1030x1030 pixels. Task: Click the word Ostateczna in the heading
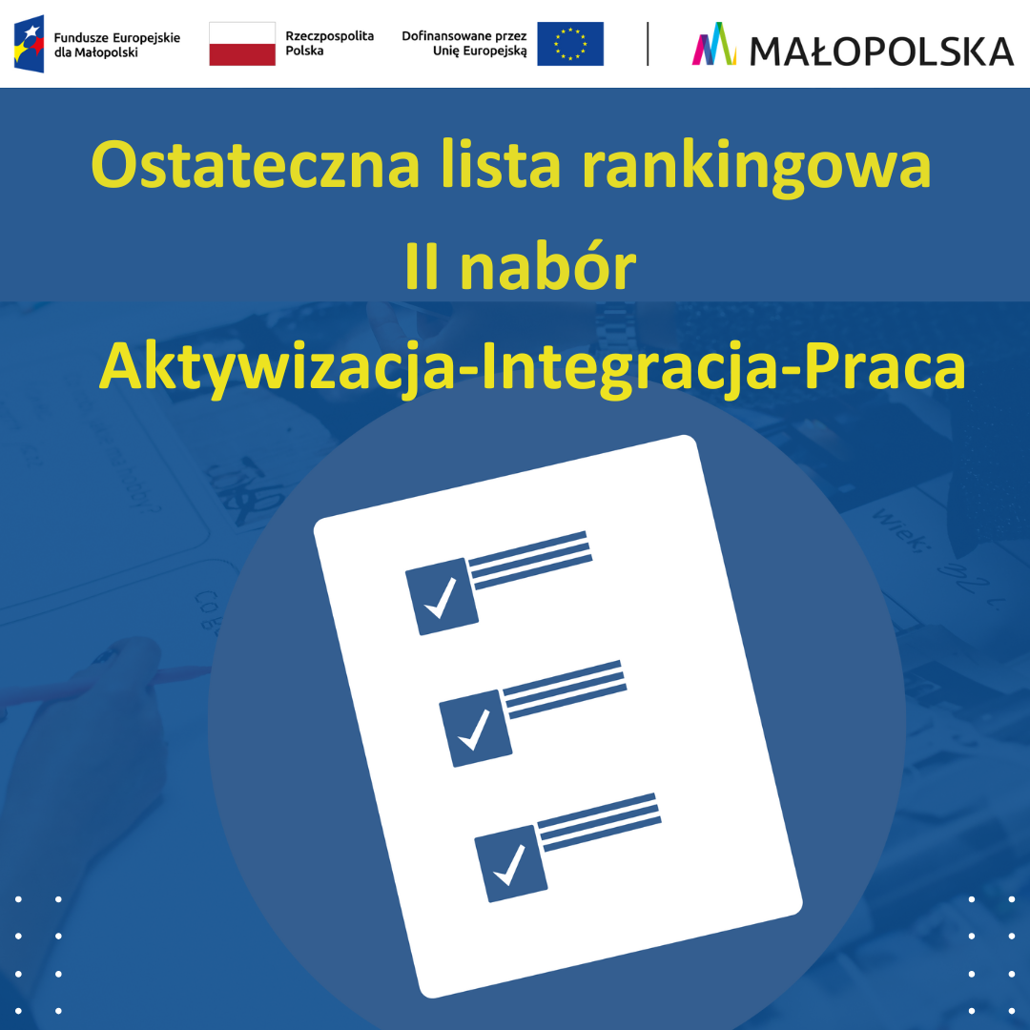coord(256,165)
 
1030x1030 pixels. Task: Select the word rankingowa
coord(755,167)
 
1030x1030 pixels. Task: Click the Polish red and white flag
coord(242,44)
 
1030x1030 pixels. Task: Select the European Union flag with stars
coord(570,44)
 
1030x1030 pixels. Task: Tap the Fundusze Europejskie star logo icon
coord(29,44)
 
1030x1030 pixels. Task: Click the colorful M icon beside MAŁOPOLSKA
coord(714,44)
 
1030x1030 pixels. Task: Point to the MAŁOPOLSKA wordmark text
coord(881,50)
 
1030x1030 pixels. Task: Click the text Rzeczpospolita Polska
coord(330,43)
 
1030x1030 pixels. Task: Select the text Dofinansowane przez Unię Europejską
coord(464,43)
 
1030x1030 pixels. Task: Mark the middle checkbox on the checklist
coord(474,728)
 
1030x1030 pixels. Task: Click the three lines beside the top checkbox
coord(530,559)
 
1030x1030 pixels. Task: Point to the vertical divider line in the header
coord(649,44)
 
